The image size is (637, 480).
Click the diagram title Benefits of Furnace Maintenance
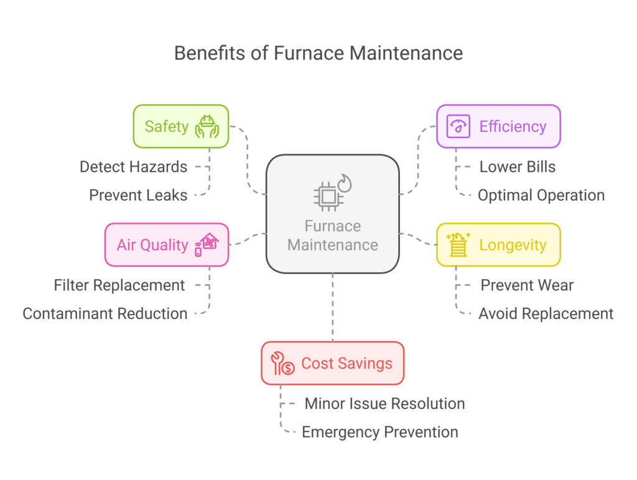click(x=318, y=53)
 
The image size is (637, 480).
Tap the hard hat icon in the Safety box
click(x=207, y=126)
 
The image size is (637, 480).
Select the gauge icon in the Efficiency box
click(x=458, y=126)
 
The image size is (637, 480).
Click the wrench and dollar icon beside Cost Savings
click(x=282, y=363)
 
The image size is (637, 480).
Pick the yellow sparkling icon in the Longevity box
click(x=458, y=244)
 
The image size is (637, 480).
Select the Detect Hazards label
click(x=133, y=167)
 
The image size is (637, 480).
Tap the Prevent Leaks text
click(x=138, y=195)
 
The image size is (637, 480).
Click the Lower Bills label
click(x=518, y=167)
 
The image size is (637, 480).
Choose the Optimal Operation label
click(x=541, y=195)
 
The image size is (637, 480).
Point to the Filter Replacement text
click(x=119, y=285)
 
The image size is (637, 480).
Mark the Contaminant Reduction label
click(x=105, y=313)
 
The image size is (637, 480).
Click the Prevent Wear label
click(x=527, y=285)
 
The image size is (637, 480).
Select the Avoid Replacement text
click(x=546, y=313)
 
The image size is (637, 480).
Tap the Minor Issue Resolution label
click(x=384, y=404)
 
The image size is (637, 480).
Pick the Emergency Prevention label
click(x=380, y=432)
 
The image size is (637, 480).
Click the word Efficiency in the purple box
click(x=513, y=126)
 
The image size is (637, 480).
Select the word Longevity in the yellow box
click(x=513, y=244)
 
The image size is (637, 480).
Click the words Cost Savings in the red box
click(x=346, y=363)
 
